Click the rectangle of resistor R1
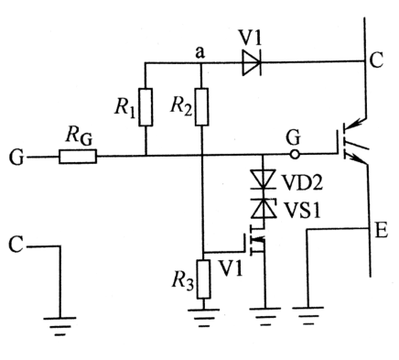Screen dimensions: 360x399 146,109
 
